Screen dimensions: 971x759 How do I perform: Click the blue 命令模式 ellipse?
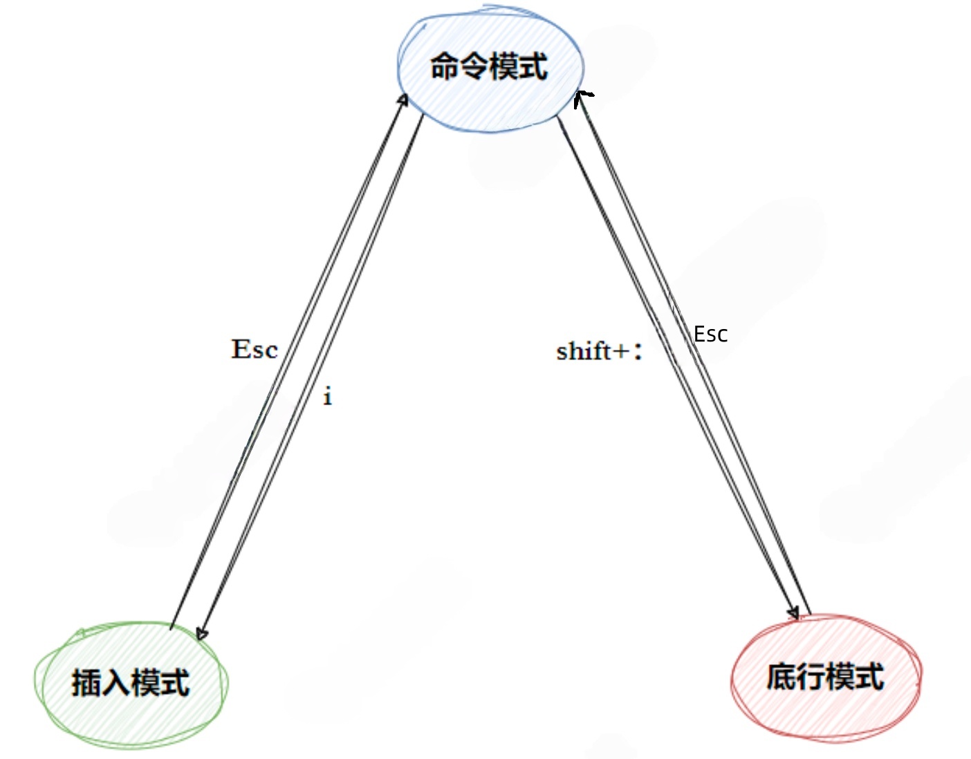490,69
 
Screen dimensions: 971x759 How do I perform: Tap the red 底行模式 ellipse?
826,677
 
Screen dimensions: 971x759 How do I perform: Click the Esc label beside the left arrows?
255,350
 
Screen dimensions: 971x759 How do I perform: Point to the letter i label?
328,397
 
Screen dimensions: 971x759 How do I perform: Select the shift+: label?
599,351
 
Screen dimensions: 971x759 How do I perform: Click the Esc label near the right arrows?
710,335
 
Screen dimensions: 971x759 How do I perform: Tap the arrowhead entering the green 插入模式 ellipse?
201,633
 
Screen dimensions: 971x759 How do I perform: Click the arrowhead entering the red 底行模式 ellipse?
793,613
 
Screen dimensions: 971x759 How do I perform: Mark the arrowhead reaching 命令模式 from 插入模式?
403,100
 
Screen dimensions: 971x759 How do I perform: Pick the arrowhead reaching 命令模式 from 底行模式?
582,96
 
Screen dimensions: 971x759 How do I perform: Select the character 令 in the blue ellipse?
474,67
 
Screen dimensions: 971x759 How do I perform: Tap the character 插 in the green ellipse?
86,683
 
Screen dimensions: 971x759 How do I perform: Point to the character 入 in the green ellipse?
115,683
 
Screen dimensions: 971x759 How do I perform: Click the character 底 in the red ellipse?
782,677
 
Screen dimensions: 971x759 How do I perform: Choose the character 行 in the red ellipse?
811,677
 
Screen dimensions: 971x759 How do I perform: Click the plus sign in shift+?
621,352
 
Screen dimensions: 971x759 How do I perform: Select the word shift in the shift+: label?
584,351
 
